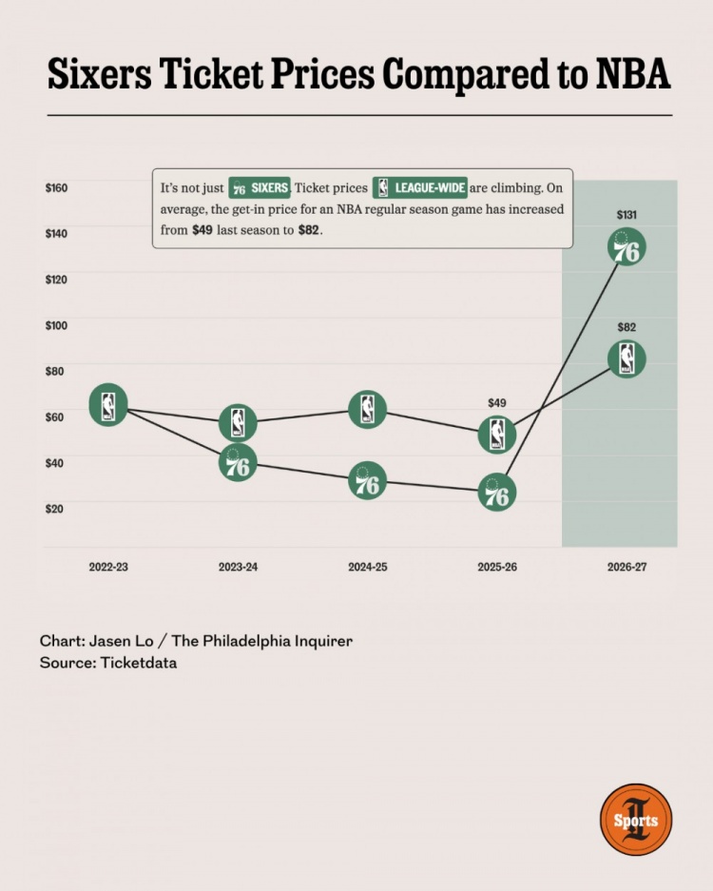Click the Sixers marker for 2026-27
[626, 247]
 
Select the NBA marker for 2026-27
[626, 358]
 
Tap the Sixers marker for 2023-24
[238, 462]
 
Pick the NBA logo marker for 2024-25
[368, 409]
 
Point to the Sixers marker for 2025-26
[497, 492]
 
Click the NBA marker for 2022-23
[108, 404]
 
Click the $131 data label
[626, 215]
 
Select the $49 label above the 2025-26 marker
[497, 403]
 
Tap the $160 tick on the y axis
[56, 187]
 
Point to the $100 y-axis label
[56, 325]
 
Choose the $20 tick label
[54, 509]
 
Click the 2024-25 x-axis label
[368, 567]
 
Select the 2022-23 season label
[108, 567]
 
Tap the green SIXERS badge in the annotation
[260, 187]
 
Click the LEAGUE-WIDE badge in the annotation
[420, 187]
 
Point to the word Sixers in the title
[100, 74]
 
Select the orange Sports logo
[636, 820]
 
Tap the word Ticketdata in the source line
[139, 663]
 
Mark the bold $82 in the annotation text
[309, 230]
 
